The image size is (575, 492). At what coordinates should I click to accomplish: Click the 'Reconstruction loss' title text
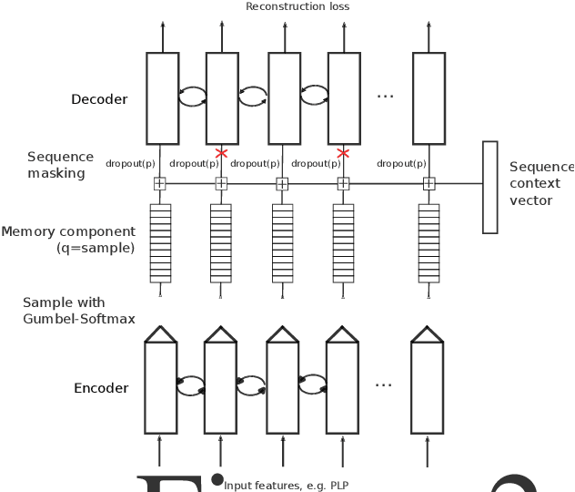297,7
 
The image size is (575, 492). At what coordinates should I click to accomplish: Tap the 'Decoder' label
99,99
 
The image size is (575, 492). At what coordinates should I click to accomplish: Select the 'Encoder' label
101,388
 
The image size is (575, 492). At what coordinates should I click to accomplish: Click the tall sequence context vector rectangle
489,187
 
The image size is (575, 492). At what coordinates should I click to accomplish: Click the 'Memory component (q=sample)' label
68,239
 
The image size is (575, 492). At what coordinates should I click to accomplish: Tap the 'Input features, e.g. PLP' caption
287,485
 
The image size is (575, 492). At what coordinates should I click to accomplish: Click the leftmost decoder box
162,97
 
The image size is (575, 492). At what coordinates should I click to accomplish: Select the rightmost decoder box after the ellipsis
429,97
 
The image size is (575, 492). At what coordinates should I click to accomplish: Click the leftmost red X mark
221,153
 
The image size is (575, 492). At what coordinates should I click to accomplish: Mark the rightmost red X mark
343,153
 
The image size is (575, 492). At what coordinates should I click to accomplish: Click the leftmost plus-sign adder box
160,184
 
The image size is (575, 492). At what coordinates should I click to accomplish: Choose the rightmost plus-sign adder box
429,184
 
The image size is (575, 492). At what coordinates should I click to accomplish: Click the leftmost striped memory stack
160,242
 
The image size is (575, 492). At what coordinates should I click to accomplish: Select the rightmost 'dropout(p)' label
401,164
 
